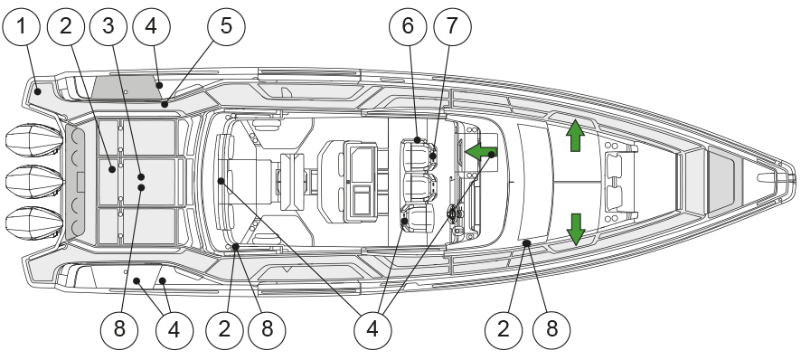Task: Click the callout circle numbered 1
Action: click(x=21, y=25)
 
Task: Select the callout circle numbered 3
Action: click(x=108, y=25)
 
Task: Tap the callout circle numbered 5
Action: click(x=226, y=25)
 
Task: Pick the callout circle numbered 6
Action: click(x=408, y=25)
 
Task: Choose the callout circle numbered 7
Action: click(x=452, y=25)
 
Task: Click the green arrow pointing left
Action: click(x=480, y=151)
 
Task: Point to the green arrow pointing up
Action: click(x=575, y=136)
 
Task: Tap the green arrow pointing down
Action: click(x=576, y=230)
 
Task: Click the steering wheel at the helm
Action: click(x=452, y=213)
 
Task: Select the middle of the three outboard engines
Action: click(x=34, y=182)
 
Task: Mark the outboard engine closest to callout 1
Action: click(x=34, y=140)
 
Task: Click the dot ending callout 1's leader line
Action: click(x=38, y=91)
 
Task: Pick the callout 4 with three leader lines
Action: click(x=372, y=329)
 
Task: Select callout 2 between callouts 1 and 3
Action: click(x=66, y=25)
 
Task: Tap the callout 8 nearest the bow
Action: click(x=551, y=329)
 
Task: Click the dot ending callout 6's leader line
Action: click(x=418, y=139)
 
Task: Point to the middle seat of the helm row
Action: click(x=419, y=187)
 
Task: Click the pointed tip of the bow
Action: click(x=795, y=179)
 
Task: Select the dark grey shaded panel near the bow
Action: click(x=721, y=182)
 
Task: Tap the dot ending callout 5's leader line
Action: click(x=165, y=105)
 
